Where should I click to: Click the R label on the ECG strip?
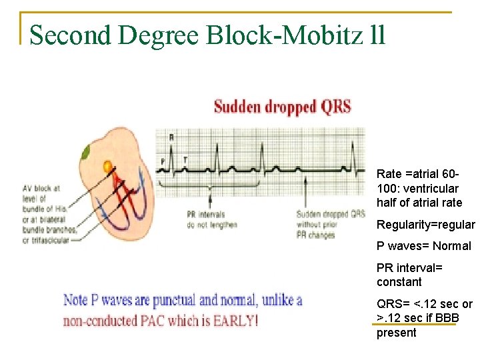pos(171,137)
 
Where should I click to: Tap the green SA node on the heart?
pos(87,153)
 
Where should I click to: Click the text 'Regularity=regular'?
pos(425,225)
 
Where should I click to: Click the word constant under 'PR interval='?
pos(399,282)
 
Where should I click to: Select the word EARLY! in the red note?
pos(234,321)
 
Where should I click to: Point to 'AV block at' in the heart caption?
pos(41,188)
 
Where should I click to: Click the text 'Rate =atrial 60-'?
pos(417,173)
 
